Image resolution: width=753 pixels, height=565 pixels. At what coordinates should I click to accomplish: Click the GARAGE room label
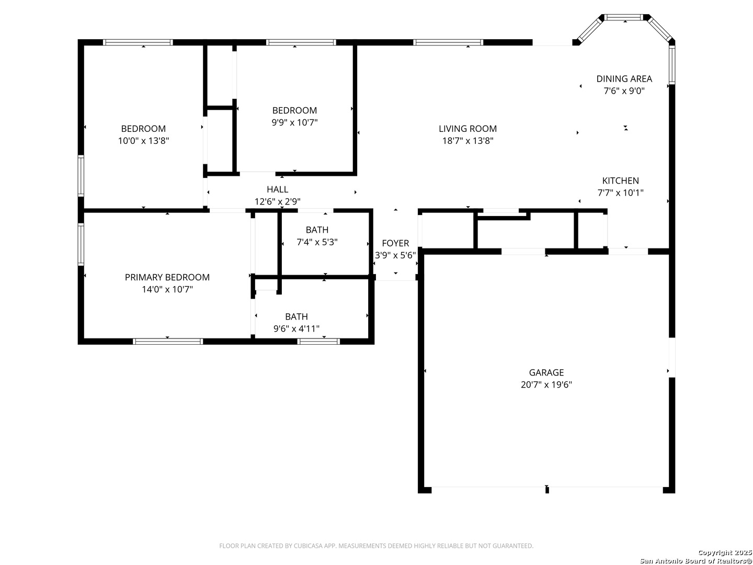click(x=546, y=372)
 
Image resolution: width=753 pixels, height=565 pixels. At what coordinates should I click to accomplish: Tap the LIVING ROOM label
click(x=467, y=129)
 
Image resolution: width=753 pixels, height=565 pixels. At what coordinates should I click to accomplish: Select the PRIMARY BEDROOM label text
click(x=167, y=277)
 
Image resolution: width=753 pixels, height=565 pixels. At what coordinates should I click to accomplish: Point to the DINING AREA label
click(x=624, y=79)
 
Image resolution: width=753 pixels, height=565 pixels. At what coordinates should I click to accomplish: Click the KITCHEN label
click(x=620, y=180)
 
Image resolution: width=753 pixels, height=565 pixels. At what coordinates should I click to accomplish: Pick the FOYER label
click(x=395, y=243)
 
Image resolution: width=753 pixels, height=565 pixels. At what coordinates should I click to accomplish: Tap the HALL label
click(x=277, y=189)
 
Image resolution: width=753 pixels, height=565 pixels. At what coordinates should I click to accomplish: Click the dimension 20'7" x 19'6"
click(x=546, y=385)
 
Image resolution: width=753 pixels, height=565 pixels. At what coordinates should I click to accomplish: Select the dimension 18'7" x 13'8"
click(x=467, y=141)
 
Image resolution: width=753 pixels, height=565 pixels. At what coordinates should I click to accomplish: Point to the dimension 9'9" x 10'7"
click(x=295, y=122)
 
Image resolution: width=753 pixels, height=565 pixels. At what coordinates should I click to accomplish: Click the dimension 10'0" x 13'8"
click(x=143, y=141)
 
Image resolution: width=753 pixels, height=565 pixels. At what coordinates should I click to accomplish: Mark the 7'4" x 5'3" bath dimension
click(x=317, y=242)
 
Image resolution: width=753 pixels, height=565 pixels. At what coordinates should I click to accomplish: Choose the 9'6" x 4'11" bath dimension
click(x=296, y=329)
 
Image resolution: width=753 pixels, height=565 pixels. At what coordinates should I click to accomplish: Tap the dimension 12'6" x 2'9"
click(x=277, y=201)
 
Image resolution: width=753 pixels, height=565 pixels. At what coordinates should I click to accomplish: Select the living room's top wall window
click(x=448, y=42)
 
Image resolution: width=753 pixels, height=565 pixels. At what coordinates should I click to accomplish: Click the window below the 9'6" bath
click(x=318, y=341)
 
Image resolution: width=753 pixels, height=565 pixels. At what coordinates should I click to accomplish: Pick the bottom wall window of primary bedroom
click(x=168, y=341)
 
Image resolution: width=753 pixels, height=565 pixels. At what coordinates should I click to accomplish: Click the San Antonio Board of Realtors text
click(x=696, y=560)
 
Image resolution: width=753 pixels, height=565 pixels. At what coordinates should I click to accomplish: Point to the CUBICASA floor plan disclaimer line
click(x=376, y=546)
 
